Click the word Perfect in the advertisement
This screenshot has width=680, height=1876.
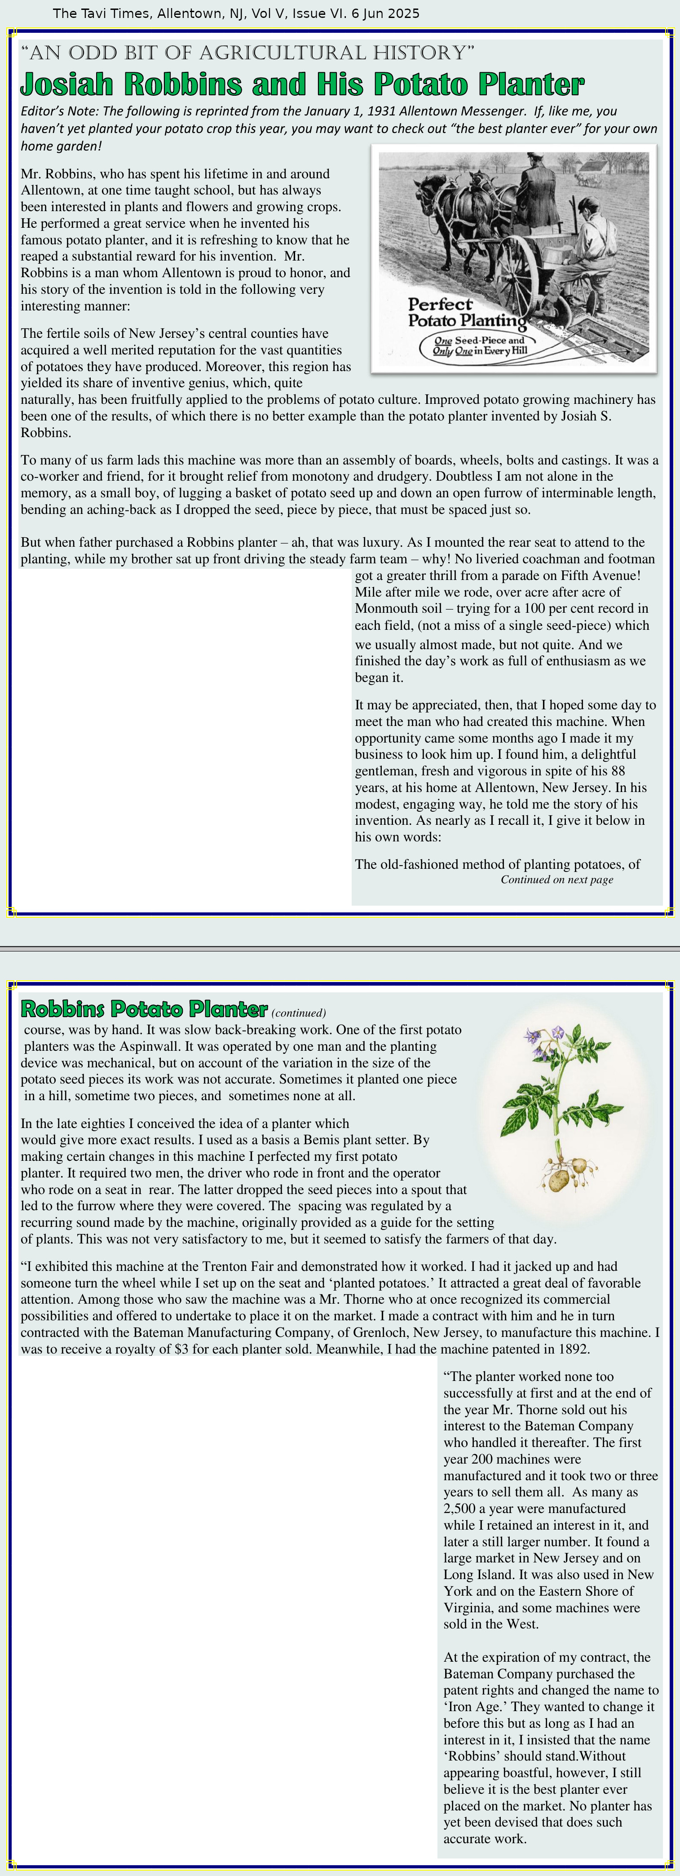[x=440, y=305]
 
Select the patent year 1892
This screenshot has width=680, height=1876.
[x=573, y=1349]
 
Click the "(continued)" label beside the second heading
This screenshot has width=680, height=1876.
[x=299, y=1013]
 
